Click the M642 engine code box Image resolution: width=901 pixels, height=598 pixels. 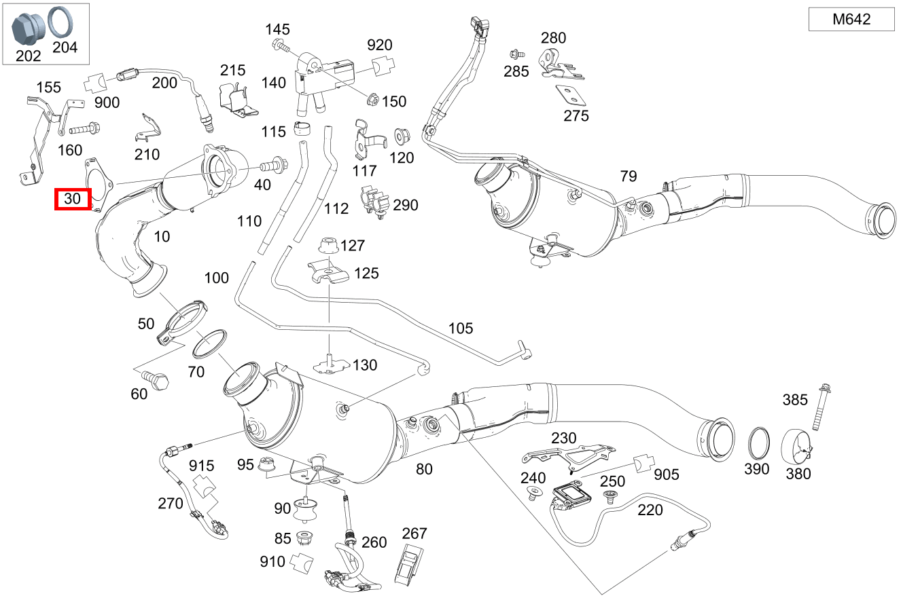click(x=851, y=20)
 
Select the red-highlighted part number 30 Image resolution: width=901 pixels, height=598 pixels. click(x=72, y=200)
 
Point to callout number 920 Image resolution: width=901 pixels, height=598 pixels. click(x=379, y=45)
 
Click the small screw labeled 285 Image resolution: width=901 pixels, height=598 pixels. click(x=514, y=53)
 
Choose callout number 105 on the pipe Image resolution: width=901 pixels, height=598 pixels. click(x=460, y=329)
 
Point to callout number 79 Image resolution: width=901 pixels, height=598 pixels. click(x=629, y=176)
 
